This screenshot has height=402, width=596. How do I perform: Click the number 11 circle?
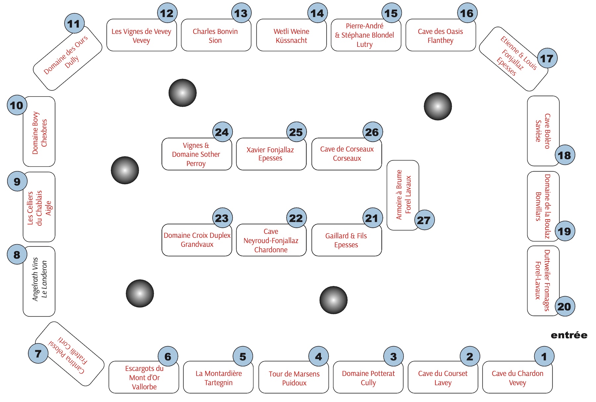(x=74, y=24)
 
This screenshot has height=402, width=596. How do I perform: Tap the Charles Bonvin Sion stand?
(x=216, y=35)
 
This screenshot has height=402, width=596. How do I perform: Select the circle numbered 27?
(x=424, y=220)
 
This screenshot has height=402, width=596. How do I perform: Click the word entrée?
(x=569, y=335)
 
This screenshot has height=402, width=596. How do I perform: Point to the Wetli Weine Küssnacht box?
(x=291, y=35)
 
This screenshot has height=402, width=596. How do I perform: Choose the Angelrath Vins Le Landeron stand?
(x=39, y=281)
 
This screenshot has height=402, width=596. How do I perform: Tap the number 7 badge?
(x=38, y=353)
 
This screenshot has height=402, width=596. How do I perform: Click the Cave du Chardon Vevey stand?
(x=517, y=377)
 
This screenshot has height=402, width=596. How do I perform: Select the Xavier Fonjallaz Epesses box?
(x=271, y=154)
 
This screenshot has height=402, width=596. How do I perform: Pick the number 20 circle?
(x=565, y=306)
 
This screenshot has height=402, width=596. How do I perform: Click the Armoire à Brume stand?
(x=403, y=195)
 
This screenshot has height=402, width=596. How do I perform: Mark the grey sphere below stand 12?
(x=182, y=93)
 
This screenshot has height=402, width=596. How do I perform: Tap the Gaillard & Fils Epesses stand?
(x=347, y=240)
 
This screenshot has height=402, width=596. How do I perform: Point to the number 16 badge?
(x=467, y=13)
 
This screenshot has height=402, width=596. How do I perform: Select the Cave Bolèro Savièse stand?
(x=543, y=131)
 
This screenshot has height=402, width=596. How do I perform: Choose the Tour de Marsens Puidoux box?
(x=294, y=377)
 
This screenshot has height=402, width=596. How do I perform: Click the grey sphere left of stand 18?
(x=438, y=106)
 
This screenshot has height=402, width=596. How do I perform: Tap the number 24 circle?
(x=222, y=132)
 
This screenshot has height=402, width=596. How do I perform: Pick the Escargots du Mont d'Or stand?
(x=144, y=377)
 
